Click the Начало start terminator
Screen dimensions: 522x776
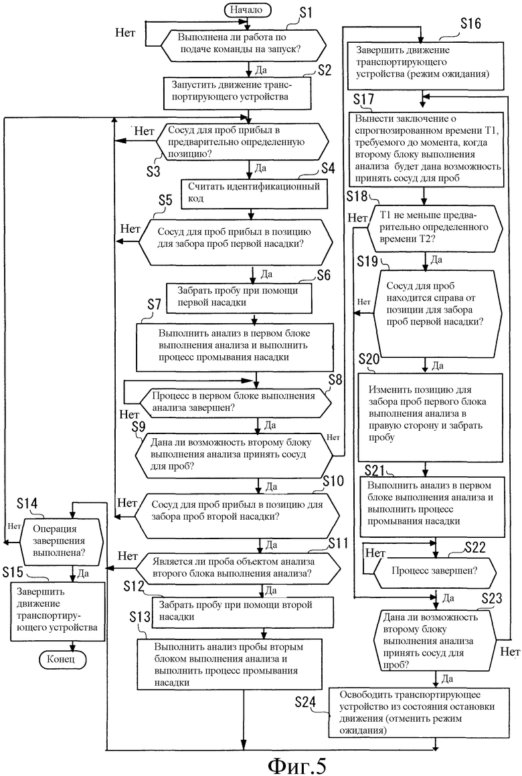[246, 9]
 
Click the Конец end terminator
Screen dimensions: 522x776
[61, 659]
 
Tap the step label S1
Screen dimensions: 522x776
[306, 12]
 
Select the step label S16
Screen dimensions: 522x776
[470, 23]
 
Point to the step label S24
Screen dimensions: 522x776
[306, 702]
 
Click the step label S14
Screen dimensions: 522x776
[27, 503]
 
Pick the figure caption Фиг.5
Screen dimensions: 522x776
[297, 765]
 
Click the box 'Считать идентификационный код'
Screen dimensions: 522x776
[254, 193]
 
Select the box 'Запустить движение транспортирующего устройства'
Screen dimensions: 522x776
[238, 92]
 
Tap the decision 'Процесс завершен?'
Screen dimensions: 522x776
[434, 571]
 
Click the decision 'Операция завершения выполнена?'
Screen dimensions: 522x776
[62, 541]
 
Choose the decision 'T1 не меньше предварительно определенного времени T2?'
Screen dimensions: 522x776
[434, 227]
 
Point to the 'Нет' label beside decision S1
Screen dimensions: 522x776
[126, 33]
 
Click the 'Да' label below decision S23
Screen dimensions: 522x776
[447, 678]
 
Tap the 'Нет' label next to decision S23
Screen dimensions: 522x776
[510, 652]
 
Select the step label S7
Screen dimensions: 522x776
[154, 304]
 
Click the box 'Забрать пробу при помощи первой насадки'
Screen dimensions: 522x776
[239, 298]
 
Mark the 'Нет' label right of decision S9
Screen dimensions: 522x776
[333, 437]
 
